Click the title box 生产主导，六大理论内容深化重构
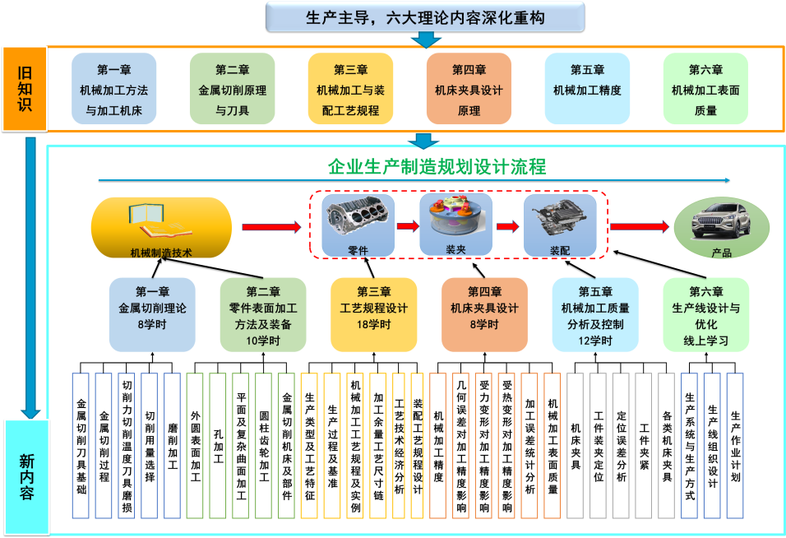(x=424, y=16)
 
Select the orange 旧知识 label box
(x=24, y=89)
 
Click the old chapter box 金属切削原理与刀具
(x=232, y=89)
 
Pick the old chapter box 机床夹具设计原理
(x=469, y=89)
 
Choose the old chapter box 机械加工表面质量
(x=705, y=89)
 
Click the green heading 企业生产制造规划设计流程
(x=437, y=168)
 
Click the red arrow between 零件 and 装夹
(x=407, y=225)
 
